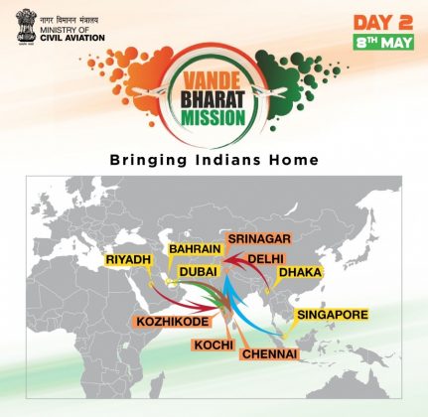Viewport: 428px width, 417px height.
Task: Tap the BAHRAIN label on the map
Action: pyautogui.click(x=195, y=249)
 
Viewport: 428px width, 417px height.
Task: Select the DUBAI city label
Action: pyautogui.click(x=198, y=271)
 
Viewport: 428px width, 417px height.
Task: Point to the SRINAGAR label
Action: pyautogui.click(x=259, y=238)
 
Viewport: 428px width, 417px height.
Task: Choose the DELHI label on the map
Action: pyautogui.click(x=266, y=259)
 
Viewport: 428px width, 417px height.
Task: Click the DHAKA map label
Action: pyautogui.click(x=300, y=272)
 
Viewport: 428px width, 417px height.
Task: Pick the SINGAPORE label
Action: pyautogui.click(x=333, y=315)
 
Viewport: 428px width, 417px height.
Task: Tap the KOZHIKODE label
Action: pyautogui.click(x=173, y=322)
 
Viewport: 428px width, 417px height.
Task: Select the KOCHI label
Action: pyautogui.click(x=214, y=345)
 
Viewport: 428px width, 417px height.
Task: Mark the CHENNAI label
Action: pyautogui.click(x=269, y=354)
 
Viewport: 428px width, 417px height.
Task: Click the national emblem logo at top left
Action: pyautogui.click(x=26, y=27)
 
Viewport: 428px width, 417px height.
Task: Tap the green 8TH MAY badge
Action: pyautogui.click(x=383, y=42)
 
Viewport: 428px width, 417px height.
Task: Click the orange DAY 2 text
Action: pyautogui.click(x=383, y=23)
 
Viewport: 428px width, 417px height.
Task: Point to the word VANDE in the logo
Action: pyautogui.click(x=213, y=81)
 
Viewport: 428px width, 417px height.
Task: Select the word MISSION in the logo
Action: pyautogui.click(x=214, y=117)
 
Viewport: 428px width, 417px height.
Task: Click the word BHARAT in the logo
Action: pyautogui.click(x=214, y=99)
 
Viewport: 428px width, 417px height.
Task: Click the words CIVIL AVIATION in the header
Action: pyautogui.click(x=72, y=38)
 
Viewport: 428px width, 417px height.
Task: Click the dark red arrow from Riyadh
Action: pyautogui.click(x=179, y=301)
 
